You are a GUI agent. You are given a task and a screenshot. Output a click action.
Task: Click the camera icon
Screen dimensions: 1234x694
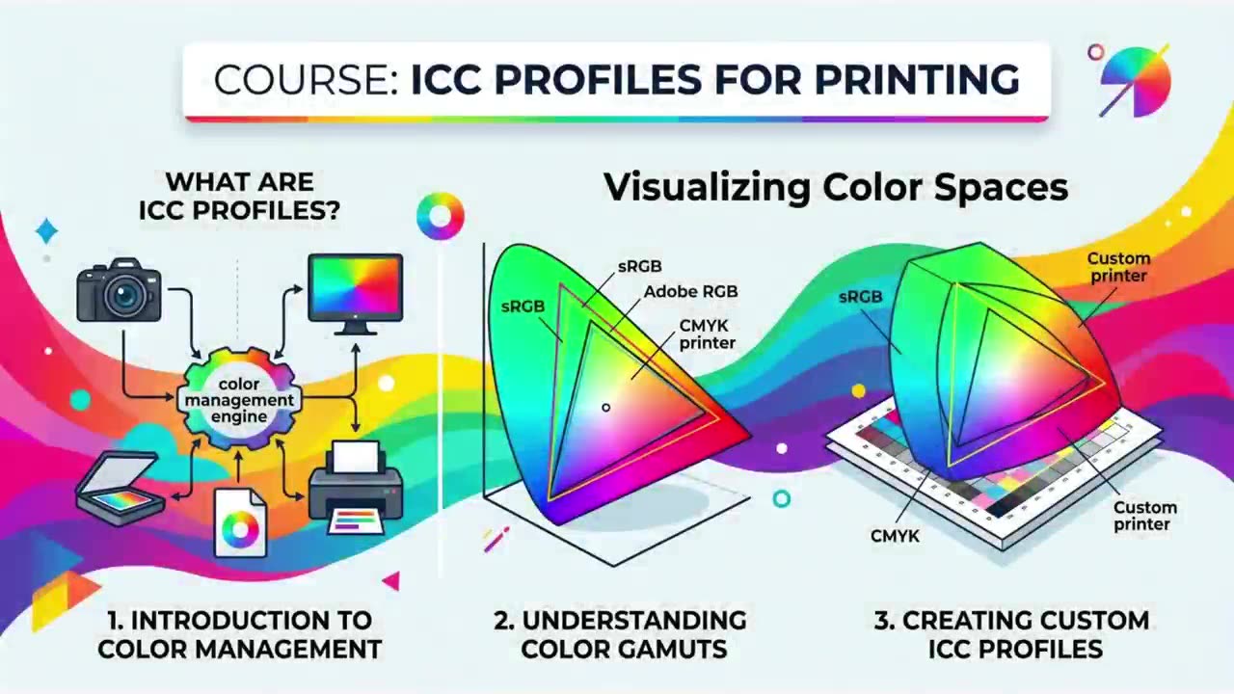(119, 290)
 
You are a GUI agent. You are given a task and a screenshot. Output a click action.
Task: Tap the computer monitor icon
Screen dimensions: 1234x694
(356, 294)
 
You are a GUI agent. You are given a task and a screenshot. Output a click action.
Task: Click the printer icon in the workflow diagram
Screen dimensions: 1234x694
(356, 489)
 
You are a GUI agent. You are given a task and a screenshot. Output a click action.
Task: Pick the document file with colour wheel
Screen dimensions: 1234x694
(240, 523)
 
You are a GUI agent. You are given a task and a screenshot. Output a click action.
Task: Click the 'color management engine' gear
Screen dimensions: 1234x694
(239, 400)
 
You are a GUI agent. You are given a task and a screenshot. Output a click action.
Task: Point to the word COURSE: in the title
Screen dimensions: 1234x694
(306, 80)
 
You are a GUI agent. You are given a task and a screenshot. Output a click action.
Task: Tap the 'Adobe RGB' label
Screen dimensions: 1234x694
(691, 291)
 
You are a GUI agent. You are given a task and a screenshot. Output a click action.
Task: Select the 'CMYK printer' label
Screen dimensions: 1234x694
(708, 334)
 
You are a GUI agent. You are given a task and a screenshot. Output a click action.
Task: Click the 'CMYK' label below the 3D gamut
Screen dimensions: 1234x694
(896, 536)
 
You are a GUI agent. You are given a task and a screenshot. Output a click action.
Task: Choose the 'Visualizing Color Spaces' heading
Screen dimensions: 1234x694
(836, 188)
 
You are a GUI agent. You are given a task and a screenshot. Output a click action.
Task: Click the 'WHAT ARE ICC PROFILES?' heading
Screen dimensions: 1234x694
(240, 196)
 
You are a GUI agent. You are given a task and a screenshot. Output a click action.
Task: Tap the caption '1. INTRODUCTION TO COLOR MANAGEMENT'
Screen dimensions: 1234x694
(240, 634)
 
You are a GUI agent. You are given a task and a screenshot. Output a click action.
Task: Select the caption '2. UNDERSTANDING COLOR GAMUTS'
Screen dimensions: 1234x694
(621, 634)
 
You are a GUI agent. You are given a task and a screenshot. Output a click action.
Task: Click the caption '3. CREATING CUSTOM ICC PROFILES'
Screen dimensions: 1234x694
(1012, 634)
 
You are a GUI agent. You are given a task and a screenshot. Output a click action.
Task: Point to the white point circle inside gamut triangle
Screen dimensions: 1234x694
(606, 408)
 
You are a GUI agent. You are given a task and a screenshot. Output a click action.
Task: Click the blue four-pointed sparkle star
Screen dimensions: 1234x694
(47, 230)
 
